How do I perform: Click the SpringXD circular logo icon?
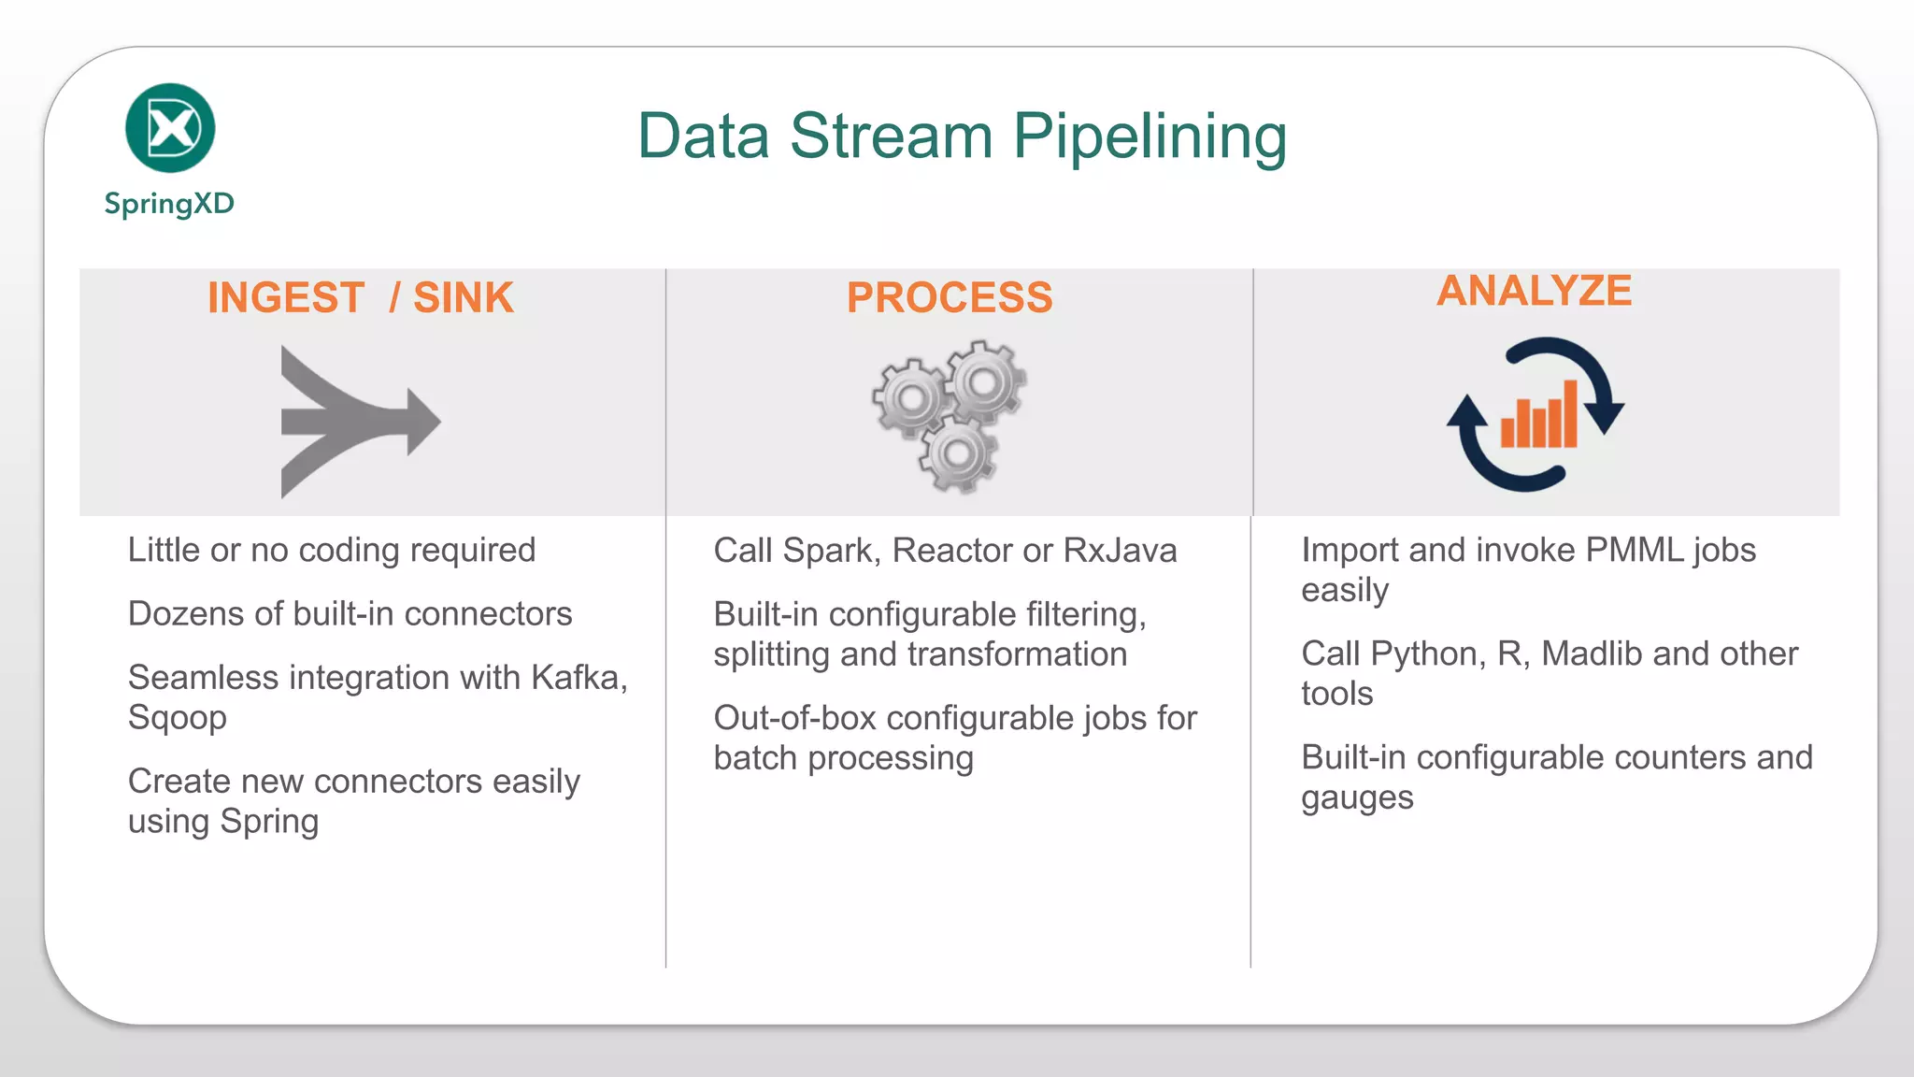170,128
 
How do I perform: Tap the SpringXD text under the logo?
169,203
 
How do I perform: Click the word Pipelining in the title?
1150,136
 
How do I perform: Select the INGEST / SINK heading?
361,298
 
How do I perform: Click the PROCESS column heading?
950,298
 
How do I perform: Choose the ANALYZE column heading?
1535,291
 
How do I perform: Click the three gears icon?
950,416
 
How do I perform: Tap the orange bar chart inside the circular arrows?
1539,416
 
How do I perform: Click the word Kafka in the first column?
578,678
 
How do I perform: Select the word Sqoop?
178,718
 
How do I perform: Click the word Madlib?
1592,654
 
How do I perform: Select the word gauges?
1357,798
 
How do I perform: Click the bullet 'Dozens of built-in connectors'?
350,614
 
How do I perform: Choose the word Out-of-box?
794,719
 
